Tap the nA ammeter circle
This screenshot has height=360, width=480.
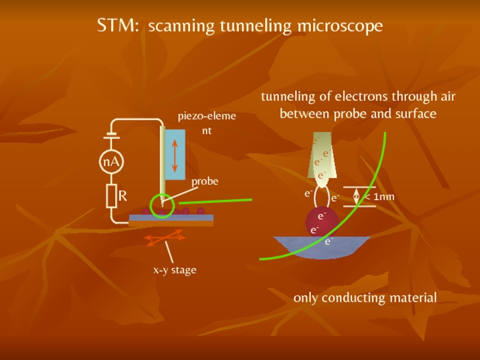110,162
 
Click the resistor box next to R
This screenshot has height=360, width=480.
111,196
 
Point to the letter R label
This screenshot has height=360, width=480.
122,196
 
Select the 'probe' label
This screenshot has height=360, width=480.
205,181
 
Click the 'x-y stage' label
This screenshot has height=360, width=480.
175,270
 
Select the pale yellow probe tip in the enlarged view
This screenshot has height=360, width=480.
322,156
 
